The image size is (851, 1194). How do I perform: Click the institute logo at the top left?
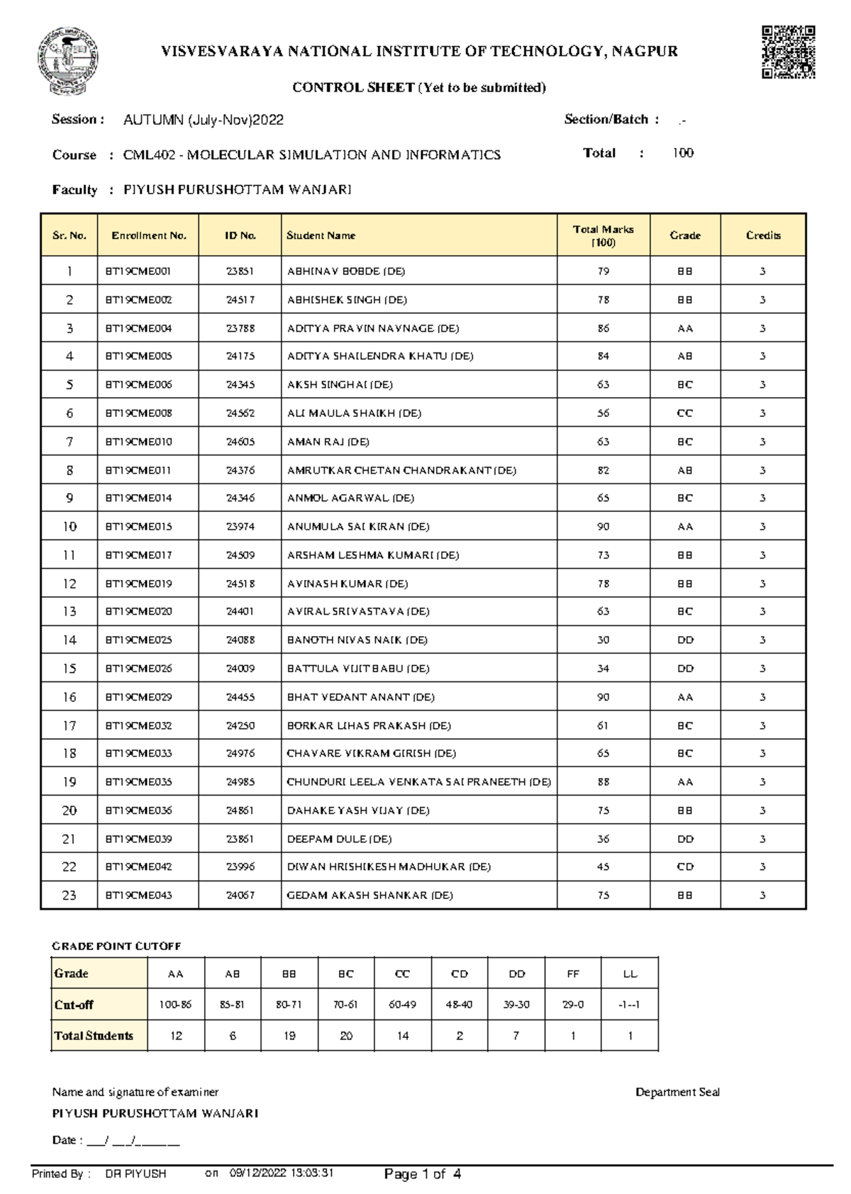click(67, 61)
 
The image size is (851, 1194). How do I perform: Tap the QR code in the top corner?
click(788, 52)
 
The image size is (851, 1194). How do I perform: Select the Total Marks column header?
click(603, 235)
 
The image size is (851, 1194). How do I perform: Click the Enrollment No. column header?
click(148, 235)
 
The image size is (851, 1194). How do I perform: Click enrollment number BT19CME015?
click(138, 527)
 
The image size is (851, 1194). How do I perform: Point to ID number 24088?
click(240, 640)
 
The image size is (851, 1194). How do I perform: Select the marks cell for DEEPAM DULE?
click(603, 839)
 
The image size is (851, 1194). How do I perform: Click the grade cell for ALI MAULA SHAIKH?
click(684, 413)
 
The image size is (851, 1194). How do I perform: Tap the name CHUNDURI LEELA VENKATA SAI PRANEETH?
click(418, 782)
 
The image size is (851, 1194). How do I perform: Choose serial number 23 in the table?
click(69, 895)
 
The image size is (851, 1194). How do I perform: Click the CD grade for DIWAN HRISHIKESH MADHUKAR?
click(684, 867)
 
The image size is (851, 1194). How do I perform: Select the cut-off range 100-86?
click(175, 1005)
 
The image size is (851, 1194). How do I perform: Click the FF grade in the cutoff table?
click(573, 974)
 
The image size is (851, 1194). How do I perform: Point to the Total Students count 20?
click(346, 1036)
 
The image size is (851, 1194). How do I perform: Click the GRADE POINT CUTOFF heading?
click(116, 946)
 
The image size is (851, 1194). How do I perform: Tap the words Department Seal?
click(677, 1092)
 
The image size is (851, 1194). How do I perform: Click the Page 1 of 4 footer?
click(422, 1174)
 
